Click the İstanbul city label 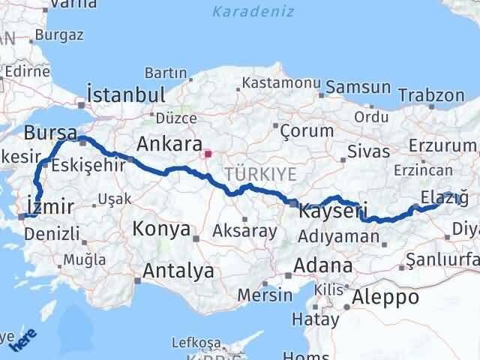pyautogui.click(x=125, y=95)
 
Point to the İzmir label pyautogui.click(x=49, y=205)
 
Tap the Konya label pyautogui.click(x=161, y=229)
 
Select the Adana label pyautogui.click(x=324, y=265)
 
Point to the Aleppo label pyautogui.click(x=388, y=296)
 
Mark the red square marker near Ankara pyautogui.click(x=208, y=156)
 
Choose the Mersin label pyautogui.click(x=264, y=295)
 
